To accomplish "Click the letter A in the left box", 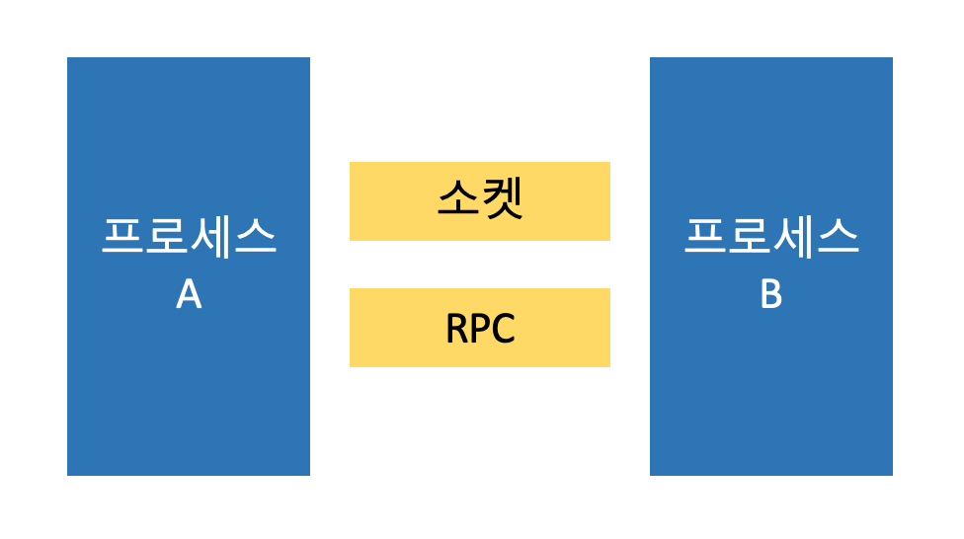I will [x=189, y=294].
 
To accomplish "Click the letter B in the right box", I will [x=771, y=294].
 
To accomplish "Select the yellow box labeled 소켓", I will [x=479, y=201].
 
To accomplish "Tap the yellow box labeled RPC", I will [x=479, y=328].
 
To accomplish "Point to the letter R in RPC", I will [x=457, y=329].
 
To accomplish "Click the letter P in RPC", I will [x=479, y=329].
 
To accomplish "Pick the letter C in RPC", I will [x=503, y=329].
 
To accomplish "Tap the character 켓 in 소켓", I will [x=502, y=200].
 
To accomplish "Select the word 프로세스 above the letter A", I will [x=189, y=238].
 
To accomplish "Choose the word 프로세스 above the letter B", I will [x=771, y=238].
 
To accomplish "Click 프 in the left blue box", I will [x=122, y=238].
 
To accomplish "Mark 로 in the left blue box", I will [x=167, y=238].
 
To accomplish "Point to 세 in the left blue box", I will [x=210, y=238].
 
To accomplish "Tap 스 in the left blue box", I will [x=255, y=238].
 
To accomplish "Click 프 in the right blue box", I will [x=705, y=238].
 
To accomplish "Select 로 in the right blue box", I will [x=750, y=238].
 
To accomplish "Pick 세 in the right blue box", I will [x=793, y=238].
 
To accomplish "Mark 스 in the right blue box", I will [x=838, y=238].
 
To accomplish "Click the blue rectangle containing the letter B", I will [x=771, y=395].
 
